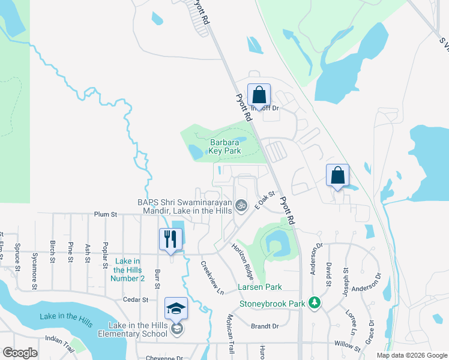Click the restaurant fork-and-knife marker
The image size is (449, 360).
170,239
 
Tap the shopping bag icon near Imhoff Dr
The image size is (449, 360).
259,95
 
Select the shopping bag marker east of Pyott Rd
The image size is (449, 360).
338,175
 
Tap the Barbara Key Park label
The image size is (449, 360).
225,146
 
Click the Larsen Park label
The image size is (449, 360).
259,287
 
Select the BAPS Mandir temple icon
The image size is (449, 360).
241,206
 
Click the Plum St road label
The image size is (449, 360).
104,214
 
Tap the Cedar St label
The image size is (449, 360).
136,299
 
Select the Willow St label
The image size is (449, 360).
348,347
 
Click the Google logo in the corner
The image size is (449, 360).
20,353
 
